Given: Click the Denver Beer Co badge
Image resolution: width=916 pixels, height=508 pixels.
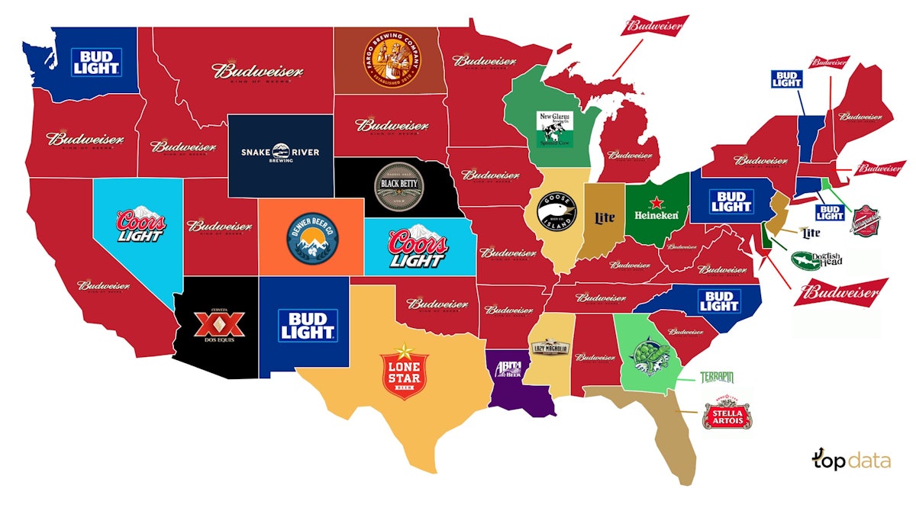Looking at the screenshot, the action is pos(311,236).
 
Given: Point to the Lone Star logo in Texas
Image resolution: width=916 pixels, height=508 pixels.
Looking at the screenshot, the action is pos(405,371).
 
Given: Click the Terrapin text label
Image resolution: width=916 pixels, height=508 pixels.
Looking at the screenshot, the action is pos(716,378).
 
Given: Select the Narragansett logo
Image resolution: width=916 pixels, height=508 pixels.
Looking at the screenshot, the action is pos(866,220).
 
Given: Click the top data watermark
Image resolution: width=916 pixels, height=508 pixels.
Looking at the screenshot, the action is pos(850,461).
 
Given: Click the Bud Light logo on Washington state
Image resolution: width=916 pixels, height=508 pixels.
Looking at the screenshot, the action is pos(95,61).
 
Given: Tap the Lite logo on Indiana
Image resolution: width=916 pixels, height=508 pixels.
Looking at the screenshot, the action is pos(604,218).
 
